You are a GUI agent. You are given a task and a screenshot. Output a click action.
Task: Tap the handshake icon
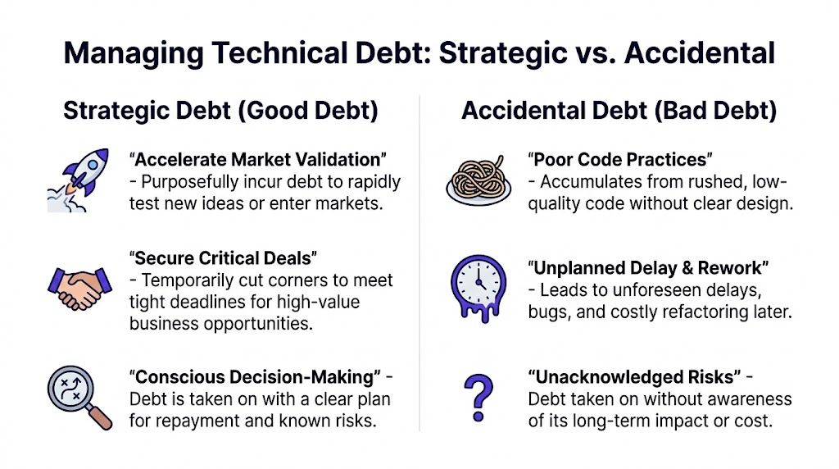click(x=80, y=288)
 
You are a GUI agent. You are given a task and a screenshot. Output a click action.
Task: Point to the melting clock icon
click(x=478, y=287)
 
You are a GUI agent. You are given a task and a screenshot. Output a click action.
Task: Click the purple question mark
click(x=478, y=396)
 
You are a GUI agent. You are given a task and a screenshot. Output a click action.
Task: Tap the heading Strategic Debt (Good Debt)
click(x=220, y=111)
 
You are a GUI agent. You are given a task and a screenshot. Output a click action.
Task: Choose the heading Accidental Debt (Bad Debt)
click(x=619, y=111)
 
